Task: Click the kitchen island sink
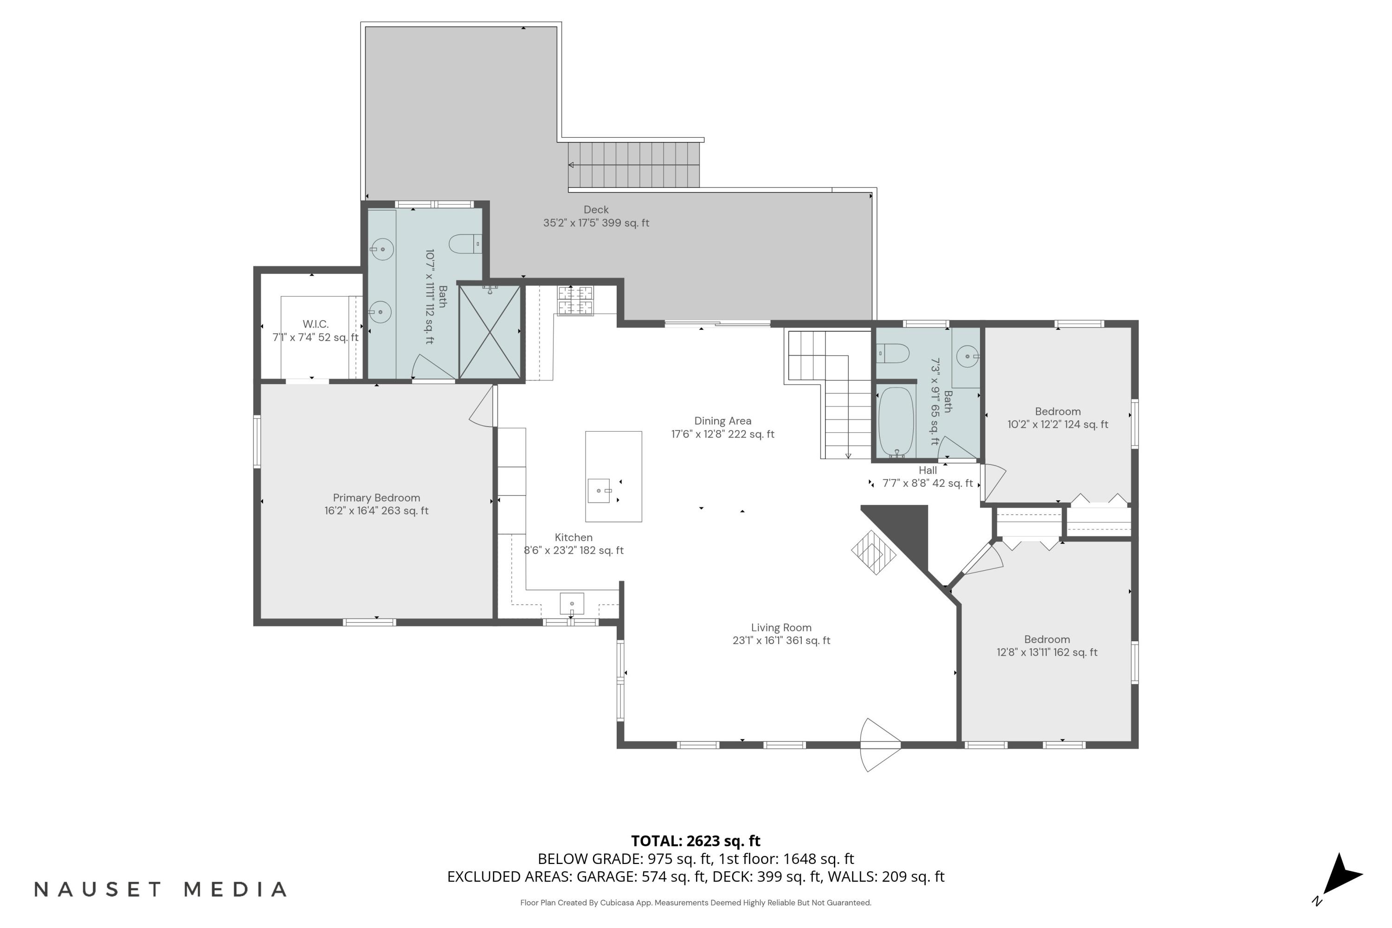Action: tap(599, 490)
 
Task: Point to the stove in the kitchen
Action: tap(575, 300)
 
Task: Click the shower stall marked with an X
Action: tap(490, 333)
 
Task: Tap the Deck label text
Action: tap(595, 210)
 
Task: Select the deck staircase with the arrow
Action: tap(633, 165)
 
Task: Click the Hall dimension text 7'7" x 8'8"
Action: tap(928, 483)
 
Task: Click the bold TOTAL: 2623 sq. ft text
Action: tap(696, 841)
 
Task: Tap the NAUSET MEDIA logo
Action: tap(161, 889)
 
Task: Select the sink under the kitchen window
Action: tap(572, 604)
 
